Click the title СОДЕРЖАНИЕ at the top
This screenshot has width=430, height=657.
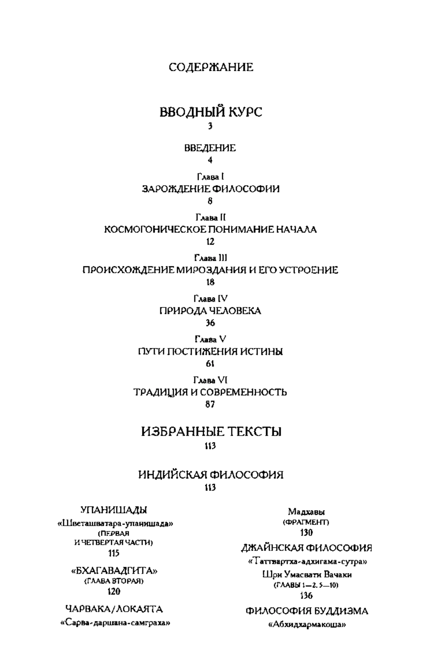pyautogui.click(x=211, y=67)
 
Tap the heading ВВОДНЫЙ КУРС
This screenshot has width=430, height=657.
pyautogui.click(x=211, y=112)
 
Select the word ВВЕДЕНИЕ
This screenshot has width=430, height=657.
pyautogui.click(x=210, y=148)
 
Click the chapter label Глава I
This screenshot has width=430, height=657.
pyautogui.click(x=210, y=176)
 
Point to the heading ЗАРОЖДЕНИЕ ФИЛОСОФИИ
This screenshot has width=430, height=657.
pyautogui.click(x=211, y=189)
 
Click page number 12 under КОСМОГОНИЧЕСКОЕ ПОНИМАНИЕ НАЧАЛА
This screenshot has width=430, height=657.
pyautogui.click(x=210, y=242)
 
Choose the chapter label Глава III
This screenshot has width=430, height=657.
pyautogui.click(x=211, y=258)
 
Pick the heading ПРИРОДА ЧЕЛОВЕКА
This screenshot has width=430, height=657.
pyautogui.click(x=210, y=311)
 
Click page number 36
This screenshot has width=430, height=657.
pyautogui.click(x=210, y=323)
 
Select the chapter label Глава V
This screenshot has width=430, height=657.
pyautogui.click(x=210, y=339)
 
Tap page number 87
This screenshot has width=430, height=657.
pyautogui.click(x=210, y=405)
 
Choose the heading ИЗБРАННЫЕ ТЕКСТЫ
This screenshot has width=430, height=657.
pyautogui.click(x=211, y=431)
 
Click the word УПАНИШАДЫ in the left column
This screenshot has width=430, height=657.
pyautogui.click(x=114, y=510)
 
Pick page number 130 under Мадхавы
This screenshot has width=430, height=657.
pyautogui.click(x=306, y=532)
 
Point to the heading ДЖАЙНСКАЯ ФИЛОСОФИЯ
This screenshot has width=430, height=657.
pyautogui.click(x=306, y=548)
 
